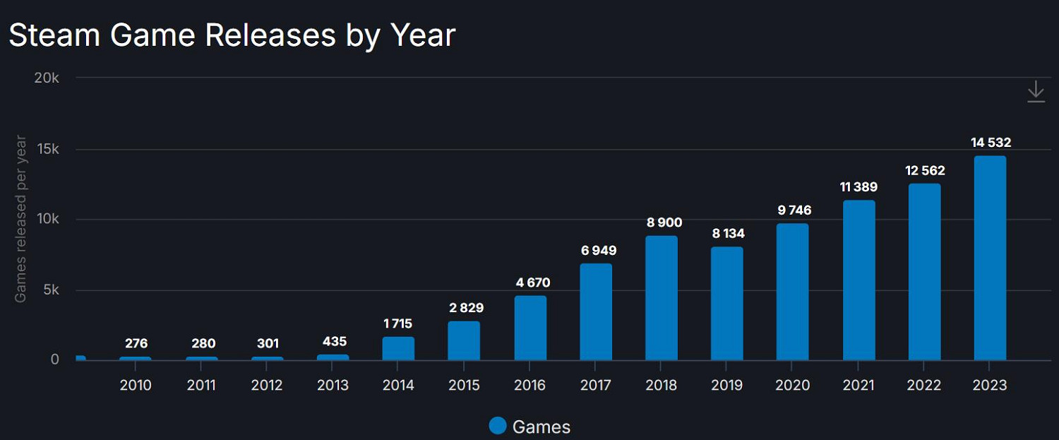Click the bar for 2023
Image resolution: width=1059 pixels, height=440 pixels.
pos(989,258)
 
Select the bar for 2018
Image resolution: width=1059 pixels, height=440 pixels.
pos(662,298)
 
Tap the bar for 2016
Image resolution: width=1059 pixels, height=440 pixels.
pos(530,328)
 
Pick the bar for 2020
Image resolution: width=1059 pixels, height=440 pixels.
pos(792,292)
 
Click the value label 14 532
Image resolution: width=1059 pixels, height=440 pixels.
pos(991,143)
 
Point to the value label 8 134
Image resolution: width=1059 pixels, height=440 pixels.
pos(727,233)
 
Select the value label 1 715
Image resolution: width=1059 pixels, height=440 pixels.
pos(398,323)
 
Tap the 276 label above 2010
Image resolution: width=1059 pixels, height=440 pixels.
pos(136,343)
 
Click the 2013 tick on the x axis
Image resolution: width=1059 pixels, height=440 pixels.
pos(333,385)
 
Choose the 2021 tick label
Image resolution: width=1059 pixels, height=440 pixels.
pos(858,385)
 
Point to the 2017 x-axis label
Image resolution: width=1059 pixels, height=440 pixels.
pos(596,385)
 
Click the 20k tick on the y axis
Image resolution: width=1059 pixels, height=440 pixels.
pos(47,78)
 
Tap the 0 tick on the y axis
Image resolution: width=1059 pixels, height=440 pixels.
pos(55,359)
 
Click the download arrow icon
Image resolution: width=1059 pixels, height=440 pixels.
pos(1035,92)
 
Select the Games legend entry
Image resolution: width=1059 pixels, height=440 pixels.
pos(529,426)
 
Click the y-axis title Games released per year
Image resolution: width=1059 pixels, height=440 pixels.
pos(20,219)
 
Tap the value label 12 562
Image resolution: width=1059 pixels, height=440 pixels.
pos(925,171)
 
